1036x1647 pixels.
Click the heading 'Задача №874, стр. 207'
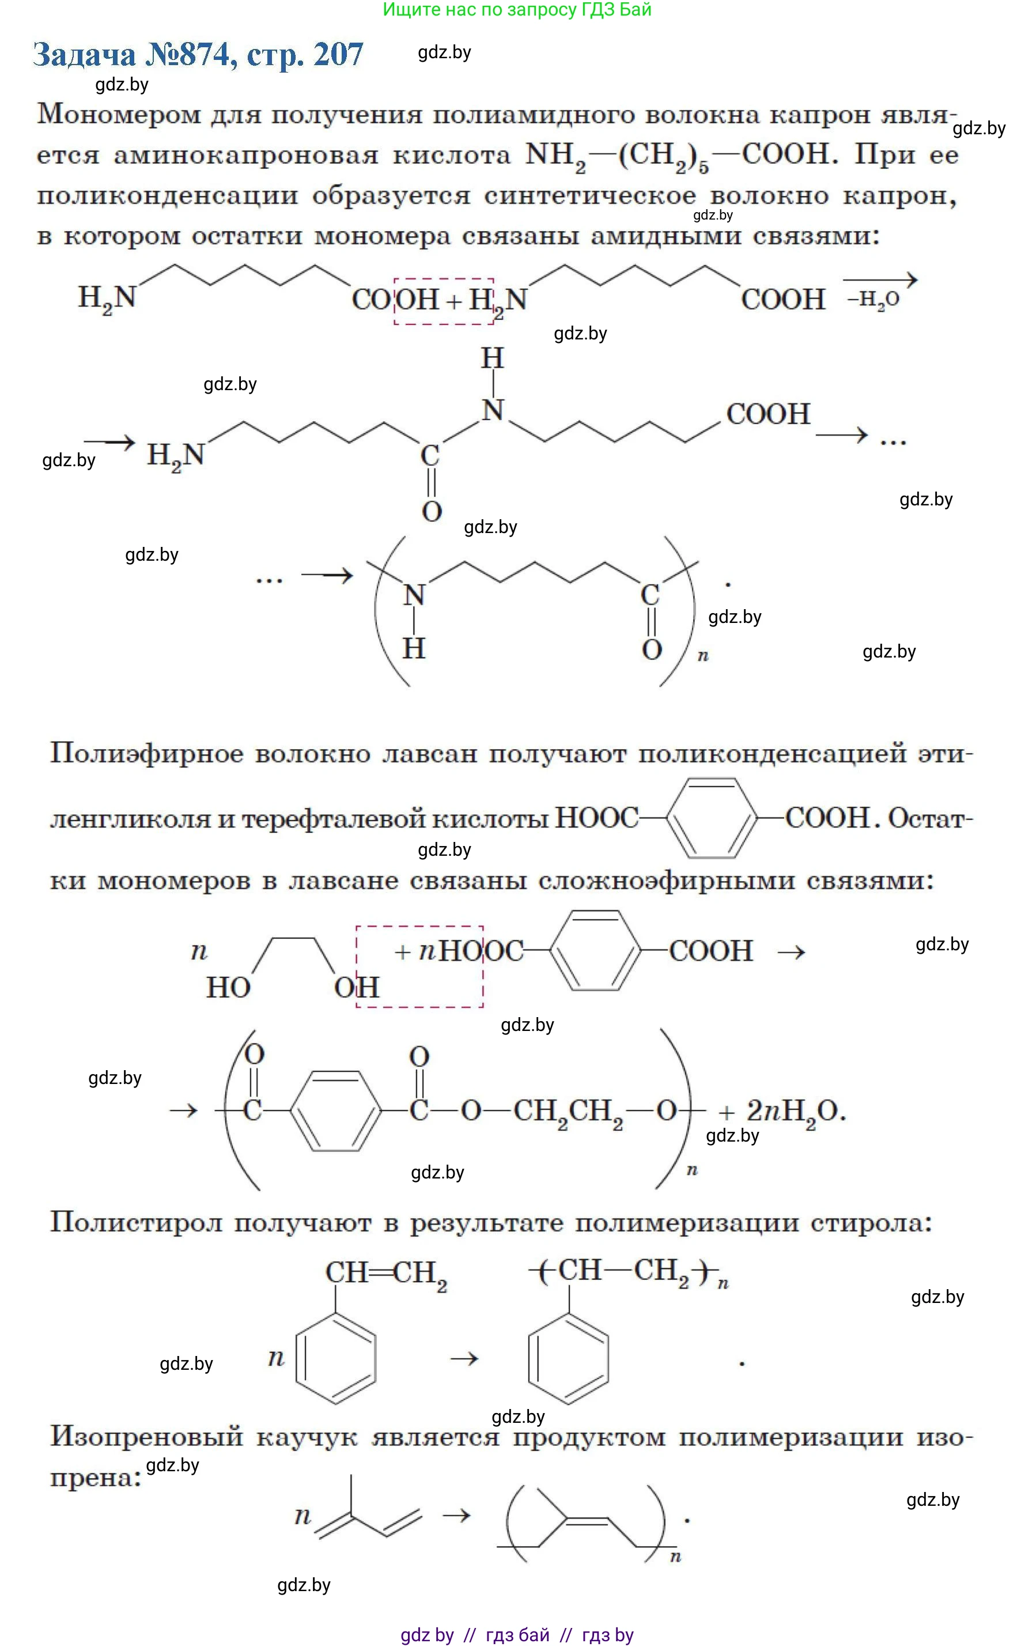(198, 55)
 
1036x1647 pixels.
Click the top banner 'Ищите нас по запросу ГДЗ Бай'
(517, 10)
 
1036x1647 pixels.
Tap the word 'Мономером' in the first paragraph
(119, 114)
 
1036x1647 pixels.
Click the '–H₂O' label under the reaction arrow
(874, 299)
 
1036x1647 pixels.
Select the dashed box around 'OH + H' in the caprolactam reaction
(443, 301)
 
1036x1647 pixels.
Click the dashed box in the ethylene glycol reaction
(419, 966)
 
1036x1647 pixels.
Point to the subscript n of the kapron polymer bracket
(702, 656)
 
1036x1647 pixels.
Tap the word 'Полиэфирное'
(146, 754)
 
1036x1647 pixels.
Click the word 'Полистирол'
(136, 1222)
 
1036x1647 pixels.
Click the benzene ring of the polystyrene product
(568, 1358)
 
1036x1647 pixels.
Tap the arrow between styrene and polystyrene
(464, 1358)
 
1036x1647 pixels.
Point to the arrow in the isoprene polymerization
(456, 1516)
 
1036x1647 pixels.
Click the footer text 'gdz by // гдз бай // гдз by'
(517, 1635)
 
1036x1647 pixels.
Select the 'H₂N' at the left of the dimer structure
(175, 455)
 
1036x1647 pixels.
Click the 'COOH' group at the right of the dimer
(767, 414)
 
